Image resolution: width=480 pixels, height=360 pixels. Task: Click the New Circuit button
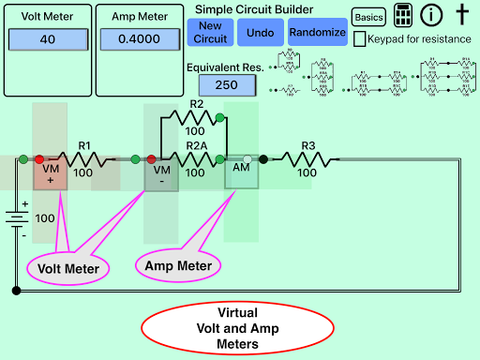211,32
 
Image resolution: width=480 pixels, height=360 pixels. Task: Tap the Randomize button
317,32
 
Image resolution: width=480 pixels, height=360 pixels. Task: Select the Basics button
368,17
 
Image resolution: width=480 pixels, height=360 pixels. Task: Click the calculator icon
403,16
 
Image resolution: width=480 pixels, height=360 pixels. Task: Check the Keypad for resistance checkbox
361,39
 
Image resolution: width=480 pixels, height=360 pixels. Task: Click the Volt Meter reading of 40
48,39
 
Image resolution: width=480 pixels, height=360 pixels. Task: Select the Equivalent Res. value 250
221,85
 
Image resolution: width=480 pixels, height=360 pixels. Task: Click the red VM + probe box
51,175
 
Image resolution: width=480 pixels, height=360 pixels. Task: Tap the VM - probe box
161,175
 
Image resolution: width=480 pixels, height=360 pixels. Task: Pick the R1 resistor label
84,146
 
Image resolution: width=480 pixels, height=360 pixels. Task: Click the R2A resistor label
196,146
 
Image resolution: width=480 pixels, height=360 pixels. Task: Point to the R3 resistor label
306,146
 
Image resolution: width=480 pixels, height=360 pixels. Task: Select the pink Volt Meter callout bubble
67,268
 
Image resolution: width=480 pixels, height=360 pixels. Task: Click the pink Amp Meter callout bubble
178,266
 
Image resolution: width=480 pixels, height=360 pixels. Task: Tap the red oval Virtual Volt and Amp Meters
237,328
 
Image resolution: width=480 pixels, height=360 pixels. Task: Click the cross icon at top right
461,15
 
